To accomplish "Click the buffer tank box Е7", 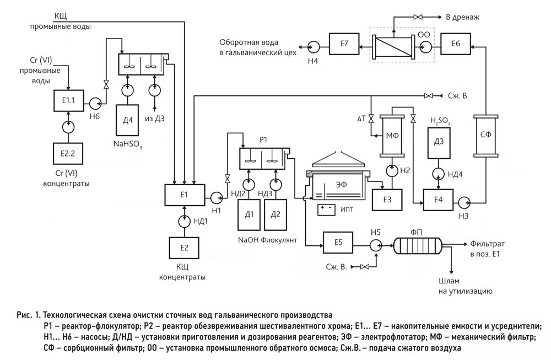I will [344, 44].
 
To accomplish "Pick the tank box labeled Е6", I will [455, 44].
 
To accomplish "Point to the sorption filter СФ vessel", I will [485, 135].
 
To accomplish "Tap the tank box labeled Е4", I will [439, 200].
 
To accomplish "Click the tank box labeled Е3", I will [387, 199].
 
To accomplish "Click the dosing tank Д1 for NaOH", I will [250, 215].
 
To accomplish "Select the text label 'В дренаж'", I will [462, 17].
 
